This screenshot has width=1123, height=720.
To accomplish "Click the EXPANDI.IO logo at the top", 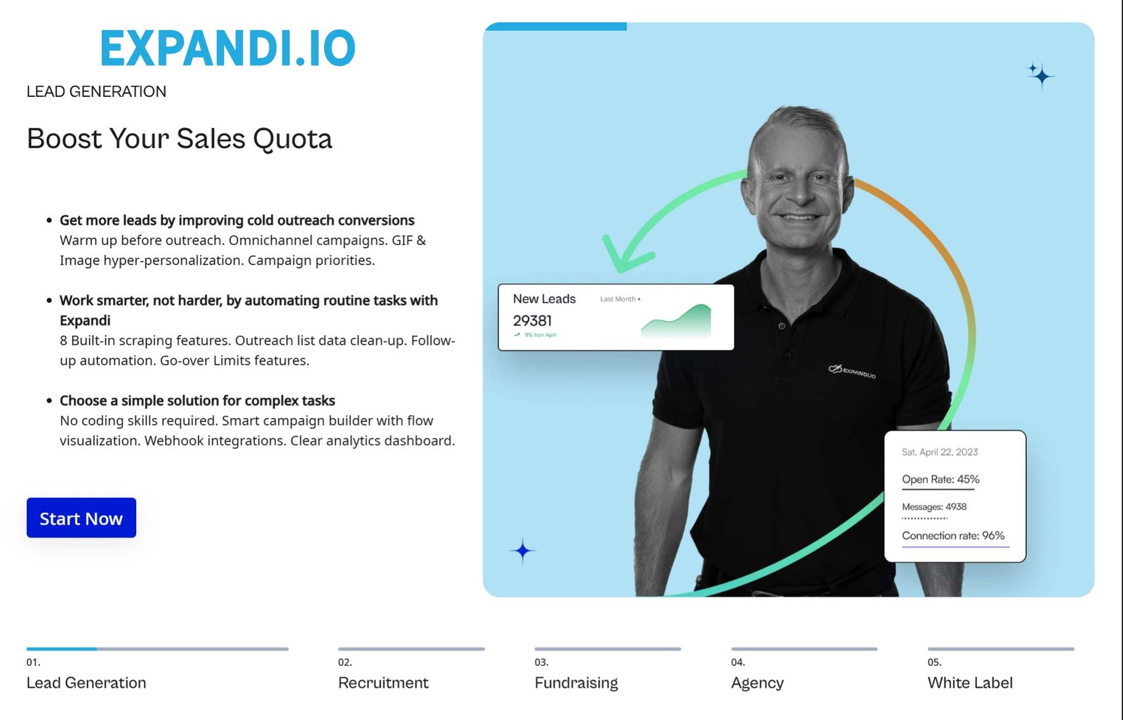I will coord(228,48).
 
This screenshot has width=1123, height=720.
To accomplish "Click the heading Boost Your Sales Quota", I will coord(179,138).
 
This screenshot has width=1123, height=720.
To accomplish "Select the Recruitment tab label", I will coord(383,683).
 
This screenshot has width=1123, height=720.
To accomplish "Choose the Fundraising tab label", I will coord(576,683).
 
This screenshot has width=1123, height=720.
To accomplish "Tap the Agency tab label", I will coord(757,683).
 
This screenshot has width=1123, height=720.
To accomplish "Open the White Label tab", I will coord(970,683).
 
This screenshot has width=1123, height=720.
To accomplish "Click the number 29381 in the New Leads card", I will coord(532,321).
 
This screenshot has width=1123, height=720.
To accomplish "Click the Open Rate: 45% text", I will coord(941,479).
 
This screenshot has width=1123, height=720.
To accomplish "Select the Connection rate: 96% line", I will coord(953,535).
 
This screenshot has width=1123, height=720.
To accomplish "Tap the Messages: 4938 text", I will coord(934,506).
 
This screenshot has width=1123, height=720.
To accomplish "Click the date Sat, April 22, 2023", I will coord(940,452).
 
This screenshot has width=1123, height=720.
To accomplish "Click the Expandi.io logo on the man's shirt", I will coord(852,371).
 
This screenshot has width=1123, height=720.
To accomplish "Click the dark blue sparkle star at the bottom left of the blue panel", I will coord(522,551).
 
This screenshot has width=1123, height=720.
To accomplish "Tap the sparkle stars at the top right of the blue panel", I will coord(1041,74).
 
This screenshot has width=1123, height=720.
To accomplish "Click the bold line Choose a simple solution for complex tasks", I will coord(197,400).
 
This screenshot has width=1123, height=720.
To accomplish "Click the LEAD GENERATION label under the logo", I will coord(96,91).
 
